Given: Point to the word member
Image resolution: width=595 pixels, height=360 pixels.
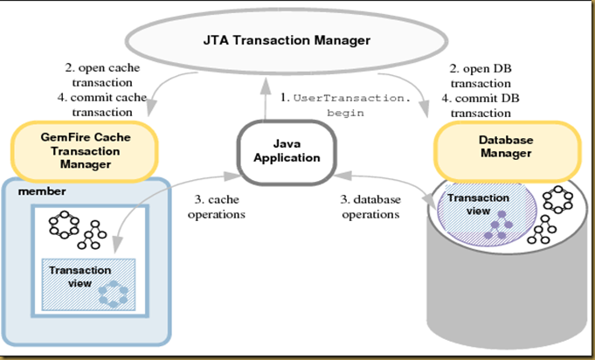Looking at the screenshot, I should (x=36, y=190).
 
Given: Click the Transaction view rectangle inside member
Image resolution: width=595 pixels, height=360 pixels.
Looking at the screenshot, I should (x=87, y=281).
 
